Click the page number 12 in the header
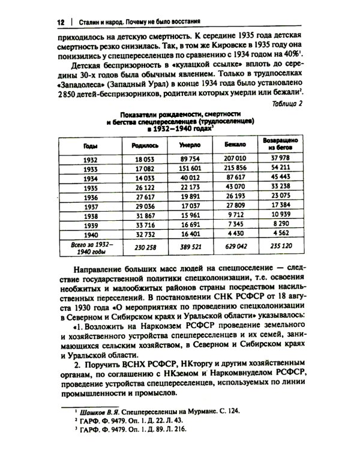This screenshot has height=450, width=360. (x=61, y=22)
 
